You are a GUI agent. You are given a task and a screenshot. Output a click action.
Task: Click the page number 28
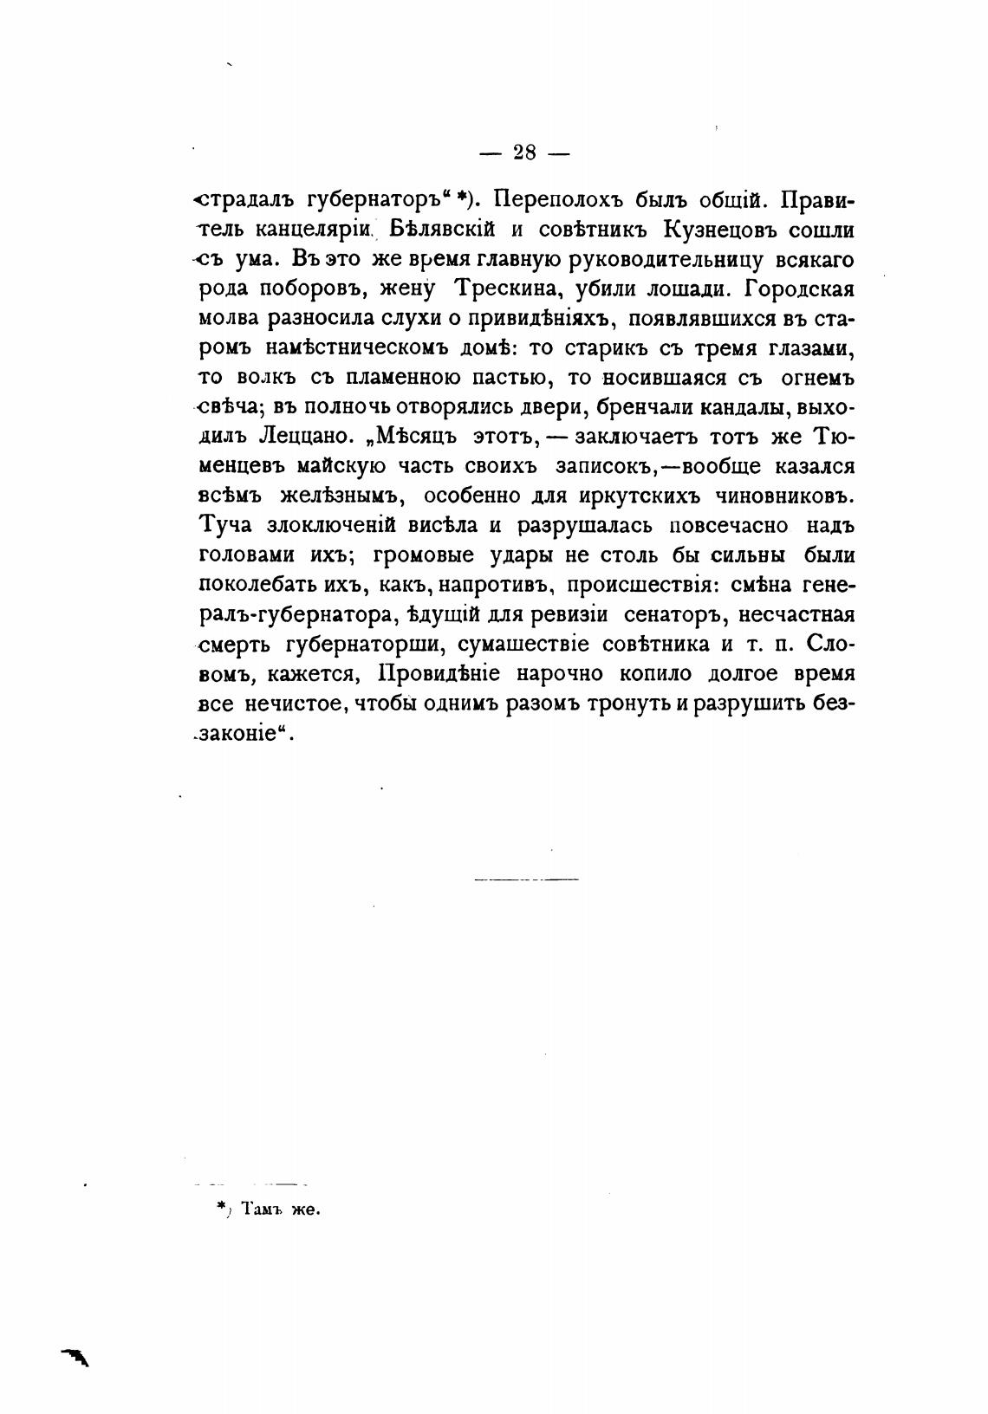pyautogui.click(x=524, y=152)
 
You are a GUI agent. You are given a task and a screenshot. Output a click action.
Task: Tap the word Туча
pyautogui.click(x=225, y=526)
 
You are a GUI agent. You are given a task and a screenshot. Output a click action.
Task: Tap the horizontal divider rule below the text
pyautogui.click(x=526, y=880)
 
